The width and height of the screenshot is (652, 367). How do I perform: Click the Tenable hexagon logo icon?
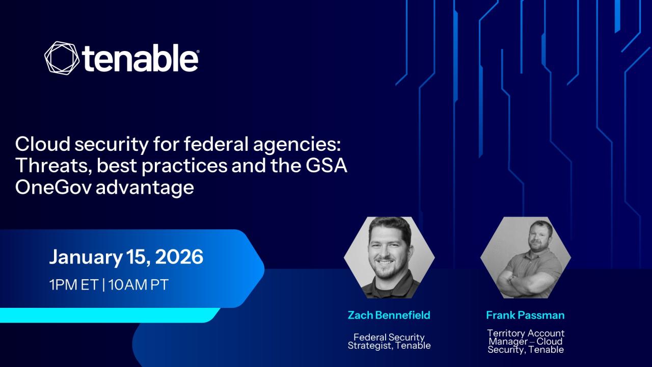click(x=62, y=57)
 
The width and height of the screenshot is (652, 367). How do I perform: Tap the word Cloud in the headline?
click(x=43, y=144)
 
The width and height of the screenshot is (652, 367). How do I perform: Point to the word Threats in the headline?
click(x=53, y=166)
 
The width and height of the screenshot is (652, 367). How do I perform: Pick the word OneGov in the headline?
click(x=53, y=187)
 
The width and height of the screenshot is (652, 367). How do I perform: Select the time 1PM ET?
click(x=74, y=284)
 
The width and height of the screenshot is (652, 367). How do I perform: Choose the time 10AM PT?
click(x=138, y=284)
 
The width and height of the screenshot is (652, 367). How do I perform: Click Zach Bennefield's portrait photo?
click(x=389, y=257)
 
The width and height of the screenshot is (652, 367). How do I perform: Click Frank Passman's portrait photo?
click(x=526, y=257)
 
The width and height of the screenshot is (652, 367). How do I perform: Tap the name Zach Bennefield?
click(x=389, y=315)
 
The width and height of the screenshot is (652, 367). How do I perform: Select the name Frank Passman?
click(x=525, y=315)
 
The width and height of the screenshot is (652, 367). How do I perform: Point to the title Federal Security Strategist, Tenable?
click(x=389, y=342)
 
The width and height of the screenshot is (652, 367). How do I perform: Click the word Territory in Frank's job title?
click(x=506, y=333)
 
